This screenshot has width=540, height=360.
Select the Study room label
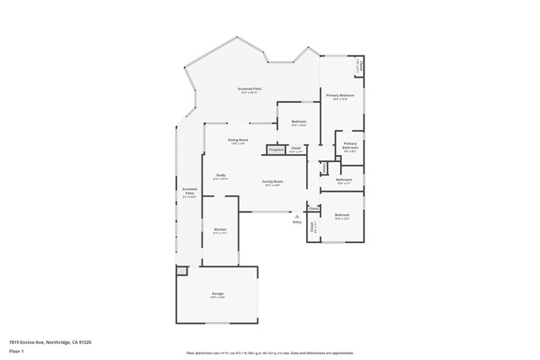[x=220, y=176]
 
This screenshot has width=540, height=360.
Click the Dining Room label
[x=238, y=141]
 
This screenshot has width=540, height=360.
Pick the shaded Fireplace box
[x=276, y=150]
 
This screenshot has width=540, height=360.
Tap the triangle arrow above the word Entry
[x=297, y=216]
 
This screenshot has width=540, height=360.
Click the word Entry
[x=297, y=222]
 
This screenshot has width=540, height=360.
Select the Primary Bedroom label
[x=341, y=97]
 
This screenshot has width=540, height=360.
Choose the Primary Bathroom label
[x=349, y=147]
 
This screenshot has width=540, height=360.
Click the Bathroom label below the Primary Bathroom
[x=343, y=180]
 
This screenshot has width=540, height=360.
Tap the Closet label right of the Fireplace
[x=296, y=149]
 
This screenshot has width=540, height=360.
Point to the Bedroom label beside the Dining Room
[x=299, y=123]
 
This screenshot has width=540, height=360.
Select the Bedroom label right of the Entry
[x=342, y=217]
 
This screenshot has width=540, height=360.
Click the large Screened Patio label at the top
[x=248, y=89]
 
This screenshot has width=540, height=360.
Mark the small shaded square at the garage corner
[x=181, y=271]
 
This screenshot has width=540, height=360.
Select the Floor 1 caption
[x=14, y=351]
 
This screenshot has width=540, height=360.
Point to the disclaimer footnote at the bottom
[x=270, y=354]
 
